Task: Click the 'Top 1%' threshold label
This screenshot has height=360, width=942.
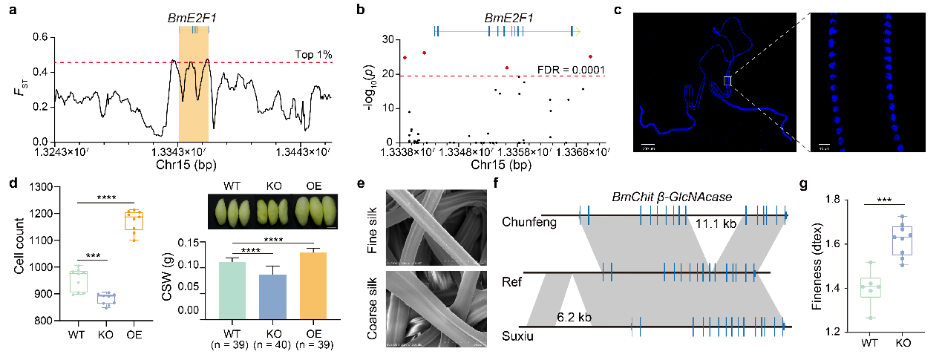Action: tap(313, 55)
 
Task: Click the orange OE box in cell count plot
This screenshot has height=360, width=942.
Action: tap(134, 221)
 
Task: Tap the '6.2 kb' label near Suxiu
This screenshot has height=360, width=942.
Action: tap(574, 318)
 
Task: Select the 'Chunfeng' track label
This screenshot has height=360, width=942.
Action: tap(529, 220)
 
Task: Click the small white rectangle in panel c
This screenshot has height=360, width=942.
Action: tap(727, 81)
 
